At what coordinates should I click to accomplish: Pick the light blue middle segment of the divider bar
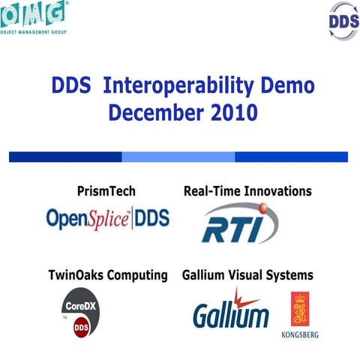click(x=178, y=157)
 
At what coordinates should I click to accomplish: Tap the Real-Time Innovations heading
click(x=247, y=190)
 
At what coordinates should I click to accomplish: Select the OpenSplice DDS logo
click(x=108, y=218)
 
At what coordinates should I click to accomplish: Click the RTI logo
click(x=239, y=224)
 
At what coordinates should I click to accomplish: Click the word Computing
click(x=140, y=275)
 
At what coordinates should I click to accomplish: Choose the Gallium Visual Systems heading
click(x=247, y=275)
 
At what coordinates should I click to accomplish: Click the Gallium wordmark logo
click(x=230, y=310)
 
